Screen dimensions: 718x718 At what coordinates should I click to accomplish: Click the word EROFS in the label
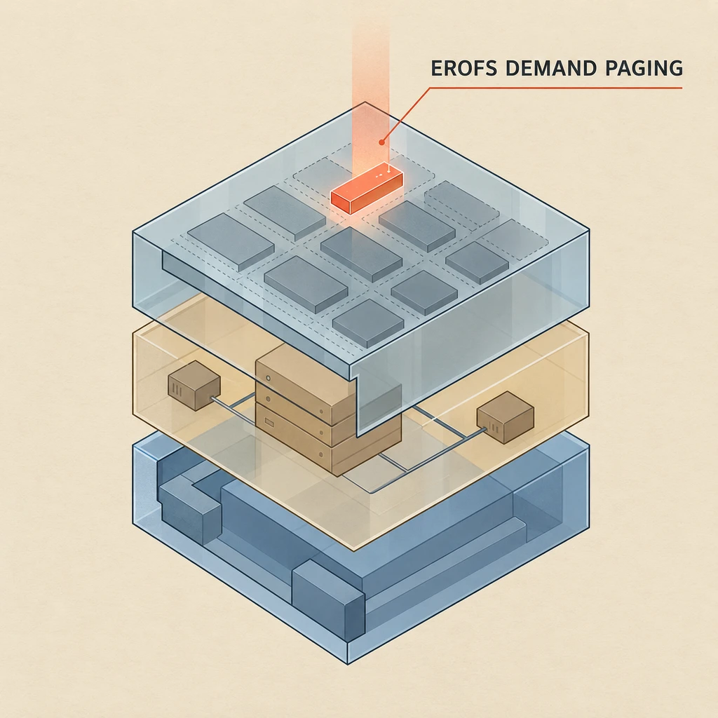(464, 68)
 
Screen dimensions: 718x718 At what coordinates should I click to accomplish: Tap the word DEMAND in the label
(552, 68)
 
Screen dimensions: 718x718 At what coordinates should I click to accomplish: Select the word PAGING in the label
(644, 68)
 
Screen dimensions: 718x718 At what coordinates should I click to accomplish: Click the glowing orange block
(367, 188)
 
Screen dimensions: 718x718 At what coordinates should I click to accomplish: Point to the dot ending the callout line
(381, 142)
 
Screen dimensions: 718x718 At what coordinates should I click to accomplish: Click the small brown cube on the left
(194, 385)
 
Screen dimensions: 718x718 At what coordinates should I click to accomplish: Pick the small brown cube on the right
(505, 417)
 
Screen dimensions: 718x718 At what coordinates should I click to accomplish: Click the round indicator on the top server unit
(269, 379)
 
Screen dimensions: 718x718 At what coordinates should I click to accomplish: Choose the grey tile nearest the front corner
(368, 323)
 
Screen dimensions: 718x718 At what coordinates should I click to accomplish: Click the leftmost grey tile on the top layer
(231, 241)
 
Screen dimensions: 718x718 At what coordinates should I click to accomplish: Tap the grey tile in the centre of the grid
(361, 254)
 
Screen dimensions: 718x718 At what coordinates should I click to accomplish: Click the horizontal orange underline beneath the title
(555, 88)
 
